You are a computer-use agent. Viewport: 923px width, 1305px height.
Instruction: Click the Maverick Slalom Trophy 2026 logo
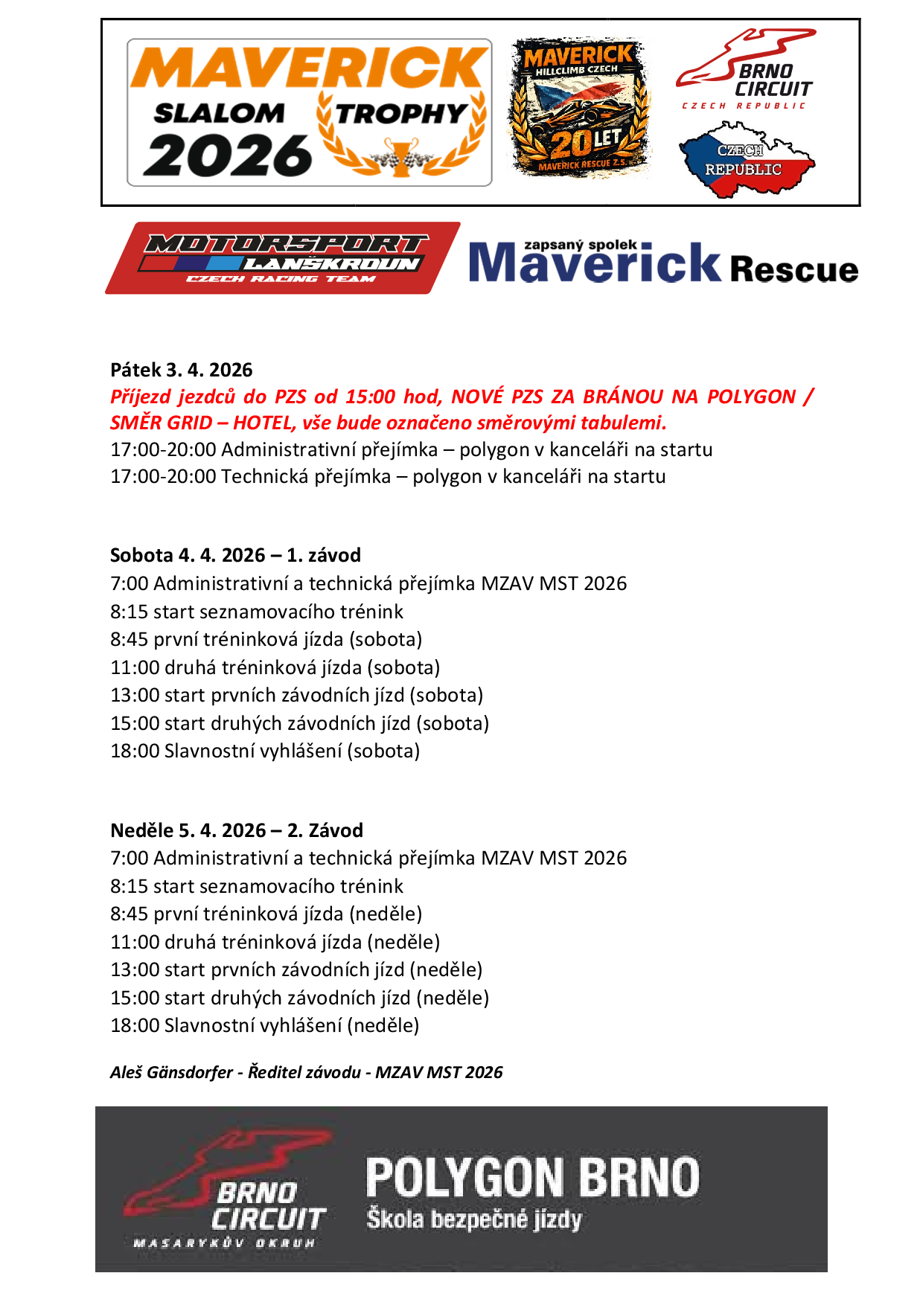tap(309, 112)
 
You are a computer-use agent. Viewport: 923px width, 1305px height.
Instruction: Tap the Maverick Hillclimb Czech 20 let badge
tap(580, 107)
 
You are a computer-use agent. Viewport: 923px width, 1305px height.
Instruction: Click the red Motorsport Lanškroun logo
tap(283, 258)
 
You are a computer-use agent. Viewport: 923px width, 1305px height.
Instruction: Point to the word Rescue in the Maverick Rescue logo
tap(793, 269)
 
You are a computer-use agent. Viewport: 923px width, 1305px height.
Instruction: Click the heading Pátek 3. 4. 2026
tap(182, 370)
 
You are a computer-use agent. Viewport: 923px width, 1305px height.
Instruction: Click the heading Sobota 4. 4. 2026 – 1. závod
tap(235, 555)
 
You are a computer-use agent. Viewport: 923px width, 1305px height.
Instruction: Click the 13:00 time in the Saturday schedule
tap(135, 695)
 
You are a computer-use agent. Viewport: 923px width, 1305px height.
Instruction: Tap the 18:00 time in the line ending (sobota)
tap(135, 751)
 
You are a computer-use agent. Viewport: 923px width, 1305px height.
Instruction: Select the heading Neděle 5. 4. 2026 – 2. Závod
tap(237, 830)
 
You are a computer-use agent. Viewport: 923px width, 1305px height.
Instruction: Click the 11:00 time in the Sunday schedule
tap(135, 942)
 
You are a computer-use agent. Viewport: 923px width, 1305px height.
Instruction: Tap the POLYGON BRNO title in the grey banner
tap(532, 1178)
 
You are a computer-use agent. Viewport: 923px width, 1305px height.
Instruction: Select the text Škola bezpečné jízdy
tap(473, 1219)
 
